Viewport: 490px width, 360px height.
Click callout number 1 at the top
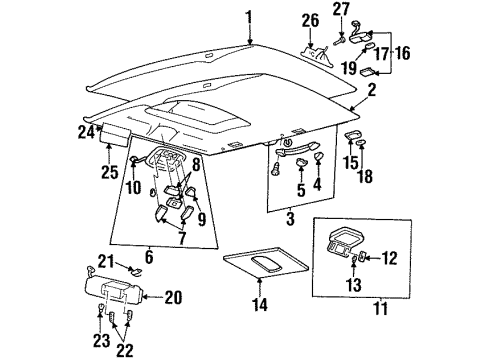pos(249,16)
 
